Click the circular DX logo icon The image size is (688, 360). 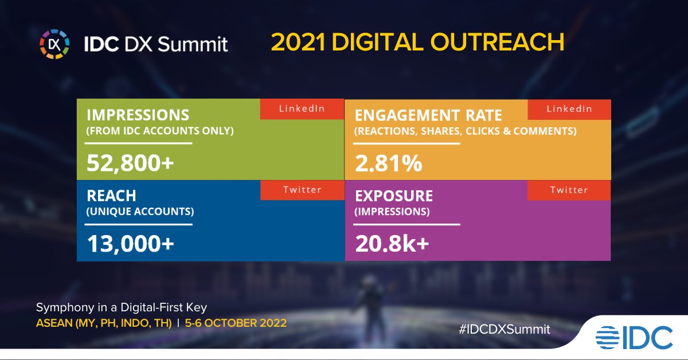[54, 44]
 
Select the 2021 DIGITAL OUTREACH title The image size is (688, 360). [417, 42]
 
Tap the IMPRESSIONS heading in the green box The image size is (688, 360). [138, 115]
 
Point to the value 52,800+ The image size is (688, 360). [130, 163]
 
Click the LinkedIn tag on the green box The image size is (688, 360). [302, 109]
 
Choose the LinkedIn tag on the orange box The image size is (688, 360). [569, 109]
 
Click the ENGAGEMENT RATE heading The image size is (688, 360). [428, 115]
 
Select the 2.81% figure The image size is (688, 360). [389, 163]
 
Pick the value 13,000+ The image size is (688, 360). [130, 244]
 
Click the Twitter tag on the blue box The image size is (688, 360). [302, 190]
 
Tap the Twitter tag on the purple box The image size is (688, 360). [569, 190]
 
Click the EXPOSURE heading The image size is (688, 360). [394, 195]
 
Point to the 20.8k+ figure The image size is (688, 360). [392, 244]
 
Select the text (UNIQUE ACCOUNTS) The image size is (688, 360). [140, 212]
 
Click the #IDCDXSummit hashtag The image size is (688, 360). [505, 329]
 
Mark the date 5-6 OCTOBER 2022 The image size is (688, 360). [236, 322]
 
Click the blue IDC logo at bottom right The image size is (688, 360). [634, 336]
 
